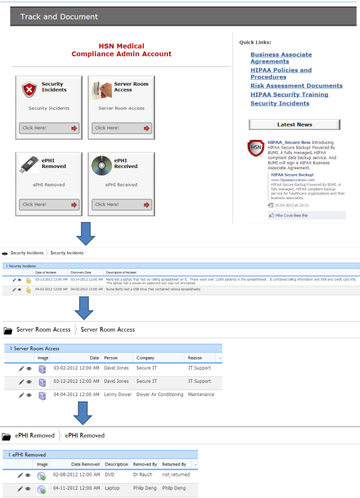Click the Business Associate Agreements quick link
tap(281, 58)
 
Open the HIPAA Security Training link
tap(289, 94)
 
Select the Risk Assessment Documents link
tap(296, 86)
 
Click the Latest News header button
tap(294, 125)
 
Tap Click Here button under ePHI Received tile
tap(122, 205)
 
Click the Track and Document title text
tap(59, 17)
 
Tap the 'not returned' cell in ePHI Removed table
tap(176, 475)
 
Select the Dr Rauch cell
tap(143, 475)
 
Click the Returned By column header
tap(174, 464)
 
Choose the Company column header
tap(146, 358)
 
